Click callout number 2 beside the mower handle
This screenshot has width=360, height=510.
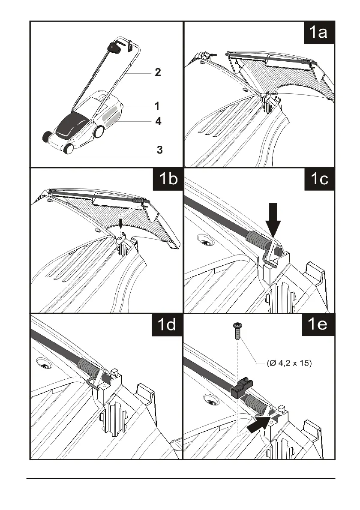[158, 72]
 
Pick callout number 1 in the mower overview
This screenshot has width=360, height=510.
[157, 105]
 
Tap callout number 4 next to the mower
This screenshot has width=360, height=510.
[158, 122]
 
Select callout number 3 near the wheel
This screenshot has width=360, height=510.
[159, 150]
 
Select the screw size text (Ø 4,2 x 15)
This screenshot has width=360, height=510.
[289, 364]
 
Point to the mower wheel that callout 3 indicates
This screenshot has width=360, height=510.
[68, 150]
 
